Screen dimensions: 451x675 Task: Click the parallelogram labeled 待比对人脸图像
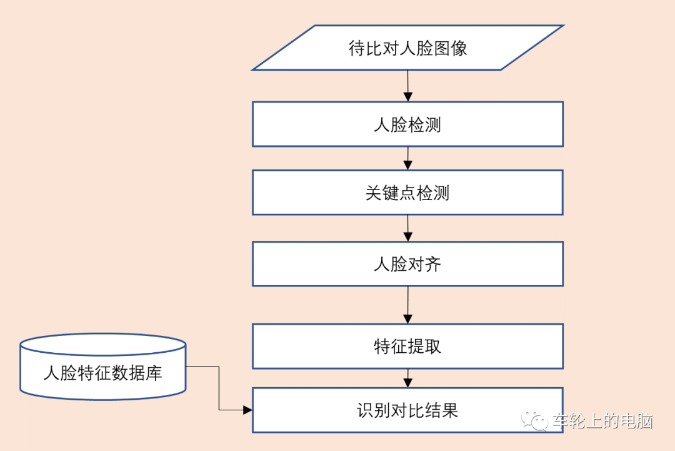click(407, 48)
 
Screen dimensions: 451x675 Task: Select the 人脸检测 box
click(407, 124)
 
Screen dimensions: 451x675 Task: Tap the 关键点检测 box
click(407, 193)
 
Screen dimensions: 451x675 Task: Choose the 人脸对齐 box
click(407, 264)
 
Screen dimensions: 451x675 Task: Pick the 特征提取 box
click(407, 346)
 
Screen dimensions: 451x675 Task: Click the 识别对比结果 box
click(407, 410)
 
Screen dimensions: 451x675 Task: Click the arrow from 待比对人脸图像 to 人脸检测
click(407, 86)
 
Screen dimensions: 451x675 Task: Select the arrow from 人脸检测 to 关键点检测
click(407, 158)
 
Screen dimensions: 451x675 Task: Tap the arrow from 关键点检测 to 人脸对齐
click(407, 228)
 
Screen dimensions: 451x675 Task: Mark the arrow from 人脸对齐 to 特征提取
click(407, 305)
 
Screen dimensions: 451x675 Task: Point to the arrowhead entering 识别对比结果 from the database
click(247, 410)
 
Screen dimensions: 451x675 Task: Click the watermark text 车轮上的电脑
click(602, 421)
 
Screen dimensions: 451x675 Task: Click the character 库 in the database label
click(154, 373)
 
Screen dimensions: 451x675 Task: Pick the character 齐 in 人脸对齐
click(433, 264)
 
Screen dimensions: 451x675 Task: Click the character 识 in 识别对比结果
click(366, 410)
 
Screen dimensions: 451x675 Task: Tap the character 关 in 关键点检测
click(374, 193)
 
